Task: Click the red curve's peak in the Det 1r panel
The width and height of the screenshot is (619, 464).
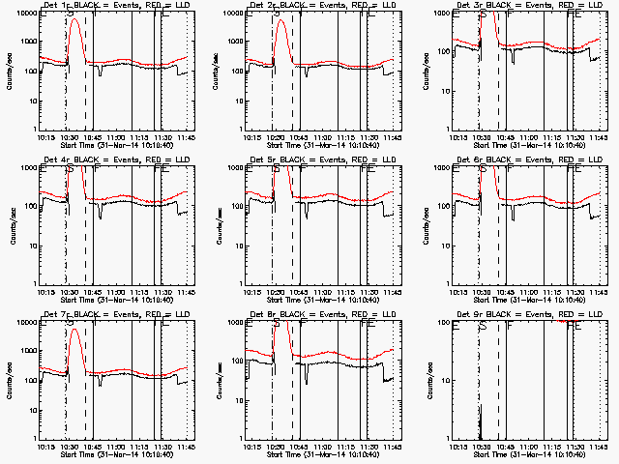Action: coord(74,19)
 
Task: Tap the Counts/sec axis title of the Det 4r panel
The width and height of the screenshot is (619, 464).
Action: coord(13,225)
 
